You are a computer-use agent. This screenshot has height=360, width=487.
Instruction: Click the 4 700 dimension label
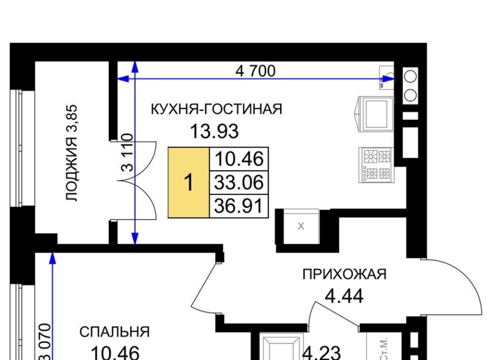[255, 71]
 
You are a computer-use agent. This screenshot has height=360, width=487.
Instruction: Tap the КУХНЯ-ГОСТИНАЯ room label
[217, 109]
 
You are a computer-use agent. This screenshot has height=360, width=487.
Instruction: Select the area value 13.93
[214, 131]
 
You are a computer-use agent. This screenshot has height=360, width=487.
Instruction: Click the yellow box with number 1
[189, 183]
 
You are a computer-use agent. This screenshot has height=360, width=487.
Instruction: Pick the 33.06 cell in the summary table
[239, 183]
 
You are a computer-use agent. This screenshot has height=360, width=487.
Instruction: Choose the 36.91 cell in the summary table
[239, 206]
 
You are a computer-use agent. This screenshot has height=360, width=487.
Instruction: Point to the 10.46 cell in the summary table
[239, 159]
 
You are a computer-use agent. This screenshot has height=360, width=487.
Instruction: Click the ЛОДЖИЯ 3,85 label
[72, 153]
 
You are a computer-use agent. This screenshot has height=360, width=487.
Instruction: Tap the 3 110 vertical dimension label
[127, 153]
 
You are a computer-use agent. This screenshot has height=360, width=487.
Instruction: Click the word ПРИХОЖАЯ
[344, 274]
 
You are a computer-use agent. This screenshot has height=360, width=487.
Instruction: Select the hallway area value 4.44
[344, 296]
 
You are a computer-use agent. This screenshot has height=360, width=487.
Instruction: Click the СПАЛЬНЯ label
[115, 332]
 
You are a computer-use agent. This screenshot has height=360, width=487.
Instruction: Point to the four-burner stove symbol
[376, 165]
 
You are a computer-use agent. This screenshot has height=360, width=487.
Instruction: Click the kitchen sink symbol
[376, 114]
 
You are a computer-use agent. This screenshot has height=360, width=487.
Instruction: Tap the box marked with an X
[301, 226]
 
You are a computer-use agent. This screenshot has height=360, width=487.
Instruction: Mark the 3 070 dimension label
[45, 341]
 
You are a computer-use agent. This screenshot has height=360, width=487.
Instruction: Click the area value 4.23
[322, 353]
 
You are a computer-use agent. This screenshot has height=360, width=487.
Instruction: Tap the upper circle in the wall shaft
[410, 77]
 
